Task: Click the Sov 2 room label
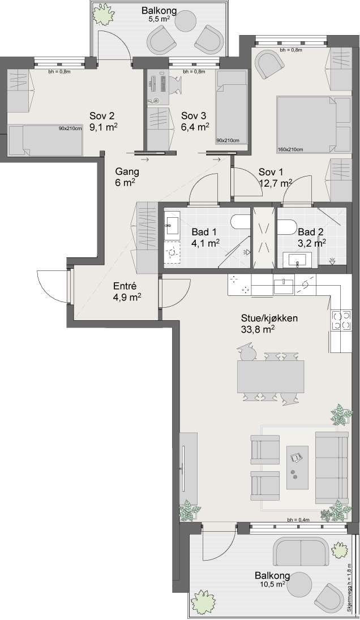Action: (102, 116)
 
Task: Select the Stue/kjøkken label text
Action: (269, 318)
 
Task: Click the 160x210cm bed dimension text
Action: (290, 149)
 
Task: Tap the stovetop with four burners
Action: (341, 321)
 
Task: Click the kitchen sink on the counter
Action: (284, 286)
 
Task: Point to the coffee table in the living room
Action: (297, 467)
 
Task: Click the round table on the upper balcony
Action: (186, 21)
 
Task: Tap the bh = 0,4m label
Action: (298, 520)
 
